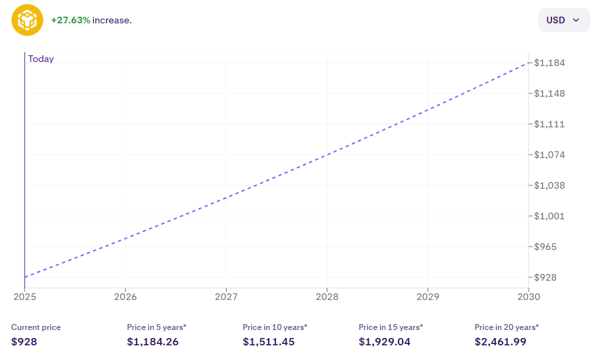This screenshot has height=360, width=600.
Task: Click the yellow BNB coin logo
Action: (27, 20)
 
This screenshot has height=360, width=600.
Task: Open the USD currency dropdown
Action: (563, 20)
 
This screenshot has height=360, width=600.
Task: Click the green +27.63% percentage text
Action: (71, 20)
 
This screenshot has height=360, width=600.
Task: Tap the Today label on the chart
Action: (41, 59)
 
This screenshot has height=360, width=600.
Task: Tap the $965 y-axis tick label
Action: (547, 247)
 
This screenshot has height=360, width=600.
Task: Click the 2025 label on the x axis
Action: (25, 297)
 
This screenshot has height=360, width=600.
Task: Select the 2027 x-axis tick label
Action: (226, 297)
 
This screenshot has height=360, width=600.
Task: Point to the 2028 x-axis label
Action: (327, 297)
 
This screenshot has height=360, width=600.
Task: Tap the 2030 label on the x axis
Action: (529, 297)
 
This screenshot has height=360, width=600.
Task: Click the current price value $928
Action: (24, 342)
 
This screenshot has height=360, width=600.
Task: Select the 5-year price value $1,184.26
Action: (153, 342)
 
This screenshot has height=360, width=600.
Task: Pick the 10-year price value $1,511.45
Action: (269, 342)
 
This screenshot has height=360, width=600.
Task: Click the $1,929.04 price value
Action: (385, 342)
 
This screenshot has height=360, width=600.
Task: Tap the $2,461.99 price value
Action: (501, 342)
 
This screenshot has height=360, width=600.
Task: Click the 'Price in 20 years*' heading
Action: (507, 327)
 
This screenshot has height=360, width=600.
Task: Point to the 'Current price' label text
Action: (36, 327)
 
